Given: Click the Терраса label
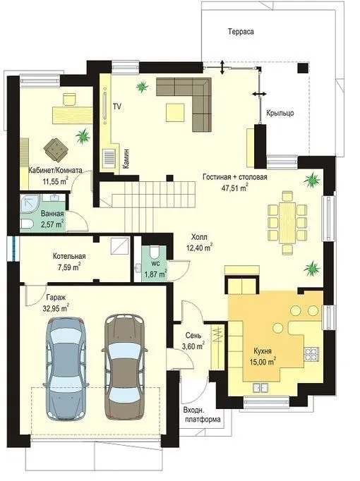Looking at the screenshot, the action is click(x=241, y=32).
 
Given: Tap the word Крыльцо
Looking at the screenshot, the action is click(x=280, y=113).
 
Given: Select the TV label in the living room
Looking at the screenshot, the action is click(x=117, y=106).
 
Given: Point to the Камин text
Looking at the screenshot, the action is click(x=126, y=159).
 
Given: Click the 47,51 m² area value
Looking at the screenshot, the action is click(x=235, y=188).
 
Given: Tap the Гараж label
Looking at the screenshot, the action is click(x=56, y=297).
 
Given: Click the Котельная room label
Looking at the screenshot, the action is click(x=69, y=256).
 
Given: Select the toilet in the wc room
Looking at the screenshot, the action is click(x=153, y=253).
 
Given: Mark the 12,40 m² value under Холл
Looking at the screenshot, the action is click(x=200, y=248).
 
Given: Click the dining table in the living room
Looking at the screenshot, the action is click(x=287, y=223).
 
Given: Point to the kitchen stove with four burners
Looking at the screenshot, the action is click(x=312, y=354).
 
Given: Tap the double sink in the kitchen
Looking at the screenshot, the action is click(x=260, y=387).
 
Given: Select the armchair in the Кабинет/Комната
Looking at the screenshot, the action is click(x=56, y=150).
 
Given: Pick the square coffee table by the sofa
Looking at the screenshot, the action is click(x=176, y=113).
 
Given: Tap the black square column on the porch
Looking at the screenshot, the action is click(x=303, y=68).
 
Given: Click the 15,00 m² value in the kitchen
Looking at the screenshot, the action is click(x=263, y=362).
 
